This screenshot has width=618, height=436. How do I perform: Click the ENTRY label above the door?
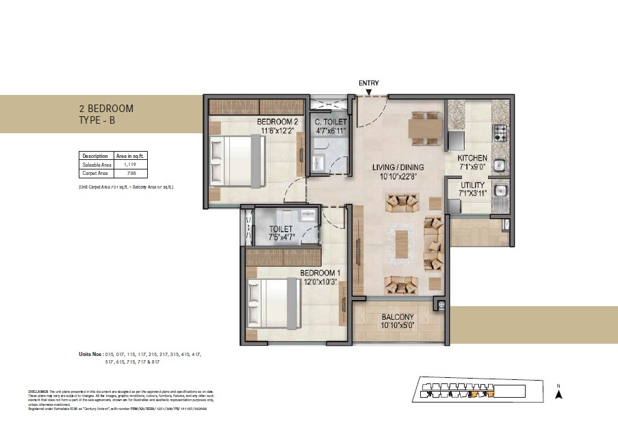click(x=368, y=83)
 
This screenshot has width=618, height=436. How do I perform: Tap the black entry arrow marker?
click(x=369, y=93)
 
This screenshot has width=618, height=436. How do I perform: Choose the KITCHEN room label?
click(x=472, y=158)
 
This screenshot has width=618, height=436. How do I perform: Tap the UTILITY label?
click(x=472, y=185)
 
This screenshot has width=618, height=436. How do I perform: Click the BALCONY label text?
click(x=397, y=317)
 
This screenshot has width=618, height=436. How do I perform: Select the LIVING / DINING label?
click(x=398, y=167)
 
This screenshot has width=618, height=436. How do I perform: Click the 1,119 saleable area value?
click(x=130, y=165)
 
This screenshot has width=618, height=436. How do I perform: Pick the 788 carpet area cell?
click(x=130, y=174)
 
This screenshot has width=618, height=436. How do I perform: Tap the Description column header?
click(x=95, y=156)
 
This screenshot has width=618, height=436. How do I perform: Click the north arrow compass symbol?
click(x=558, y=393)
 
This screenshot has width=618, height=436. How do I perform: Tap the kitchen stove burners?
click(x=500, y=130)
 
